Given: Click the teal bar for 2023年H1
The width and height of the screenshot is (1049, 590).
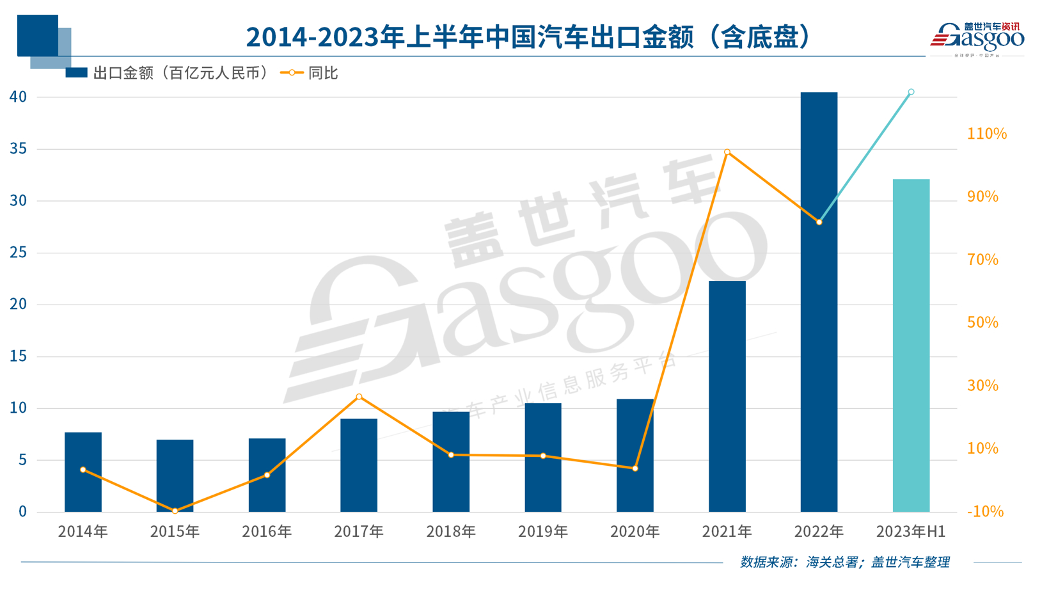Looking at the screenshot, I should [911, 346].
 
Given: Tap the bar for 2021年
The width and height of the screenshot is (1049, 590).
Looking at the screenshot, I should [727, 396].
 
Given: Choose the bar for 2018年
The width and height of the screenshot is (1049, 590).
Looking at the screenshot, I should [451, 461].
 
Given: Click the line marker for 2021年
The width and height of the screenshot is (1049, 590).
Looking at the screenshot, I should [727, 152].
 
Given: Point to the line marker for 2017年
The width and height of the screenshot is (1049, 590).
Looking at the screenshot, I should [359, 397].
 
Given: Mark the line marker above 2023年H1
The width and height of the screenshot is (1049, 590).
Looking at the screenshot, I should [911, 92].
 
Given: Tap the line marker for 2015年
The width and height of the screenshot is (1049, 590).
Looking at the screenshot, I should [175, 511].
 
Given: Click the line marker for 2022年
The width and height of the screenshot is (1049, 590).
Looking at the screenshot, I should [819, 222].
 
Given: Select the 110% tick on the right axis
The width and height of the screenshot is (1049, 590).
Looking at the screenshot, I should [986, 134].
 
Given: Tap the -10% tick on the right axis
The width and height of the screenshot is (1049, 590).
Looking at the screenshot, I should [985, 511].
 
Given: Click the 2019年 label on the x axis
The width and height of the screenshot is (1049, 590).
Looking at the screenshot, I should [542, 531].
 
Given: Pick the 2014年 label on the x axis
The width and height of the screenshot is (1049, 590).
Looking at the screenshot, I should [83, 531].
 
